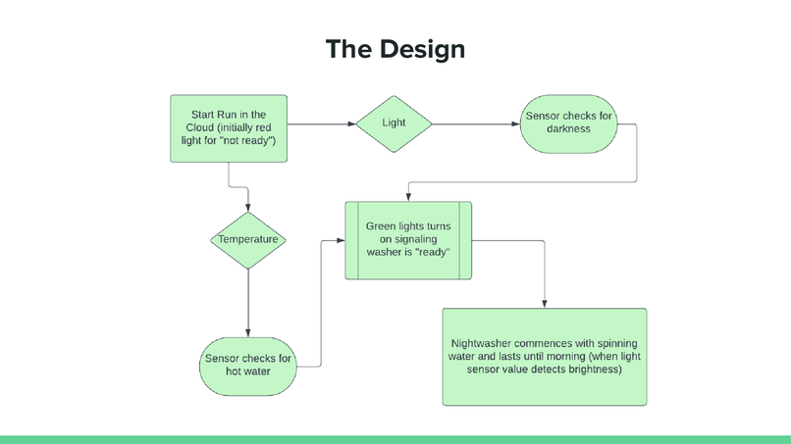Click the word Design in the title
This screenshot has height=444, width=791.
pyautogui.click(x=422, y=49)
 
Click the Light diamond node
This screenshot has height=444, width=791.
pyautogui.click(x=394, y=123)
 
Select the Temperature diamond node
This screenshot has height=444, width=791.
pyautogui.click(x=248, y=240)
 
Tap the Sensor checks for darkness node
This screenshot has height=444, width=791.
pyautogui.click(x=568, y=123)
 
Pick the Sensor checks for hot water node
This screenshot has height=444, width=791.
pyautogui.click(x=248, y=367)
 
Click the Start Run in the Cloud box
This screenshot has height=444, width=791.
pyautogui.click(x=229, y=128)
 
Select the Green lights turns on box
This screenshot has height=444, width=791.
pyautogui.click(x=408, y=240)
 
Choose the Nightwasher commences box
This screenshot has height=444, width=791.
pyautogui.click(x=545, y=357)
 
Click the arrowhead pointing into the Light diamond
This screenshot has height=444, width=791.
pyautogui.click(x=352, y=123)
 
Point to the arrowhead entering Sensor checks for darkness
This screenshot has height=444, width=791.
pyautogui.click(x=516, y=123)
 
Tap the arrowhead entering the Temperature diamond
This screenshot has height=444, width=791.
pyautogui.click(x=248, y=208)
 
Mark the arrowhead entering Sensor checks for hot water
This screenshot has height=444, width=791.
pyautogui.click(x=248, y=333)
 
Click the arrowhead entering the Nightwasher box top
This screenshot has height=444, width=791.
pyautogui.click(x=545, y=304)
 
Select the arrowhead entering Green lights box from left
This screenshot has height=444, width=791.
pyautogui.click(x=341, y=240)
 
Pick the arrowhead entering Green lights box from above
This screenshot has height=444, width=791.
pyautogui.click(x=408, y=198)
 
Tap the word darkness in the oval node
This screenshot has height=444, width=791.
pyautogui.click(x=568, y=129)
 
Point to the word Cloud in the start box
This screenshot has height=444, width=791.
pyautogui.click(x=200, y=128)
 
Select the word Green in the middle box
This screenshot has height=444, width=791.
pyautogui.click(x=381, y=226)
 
